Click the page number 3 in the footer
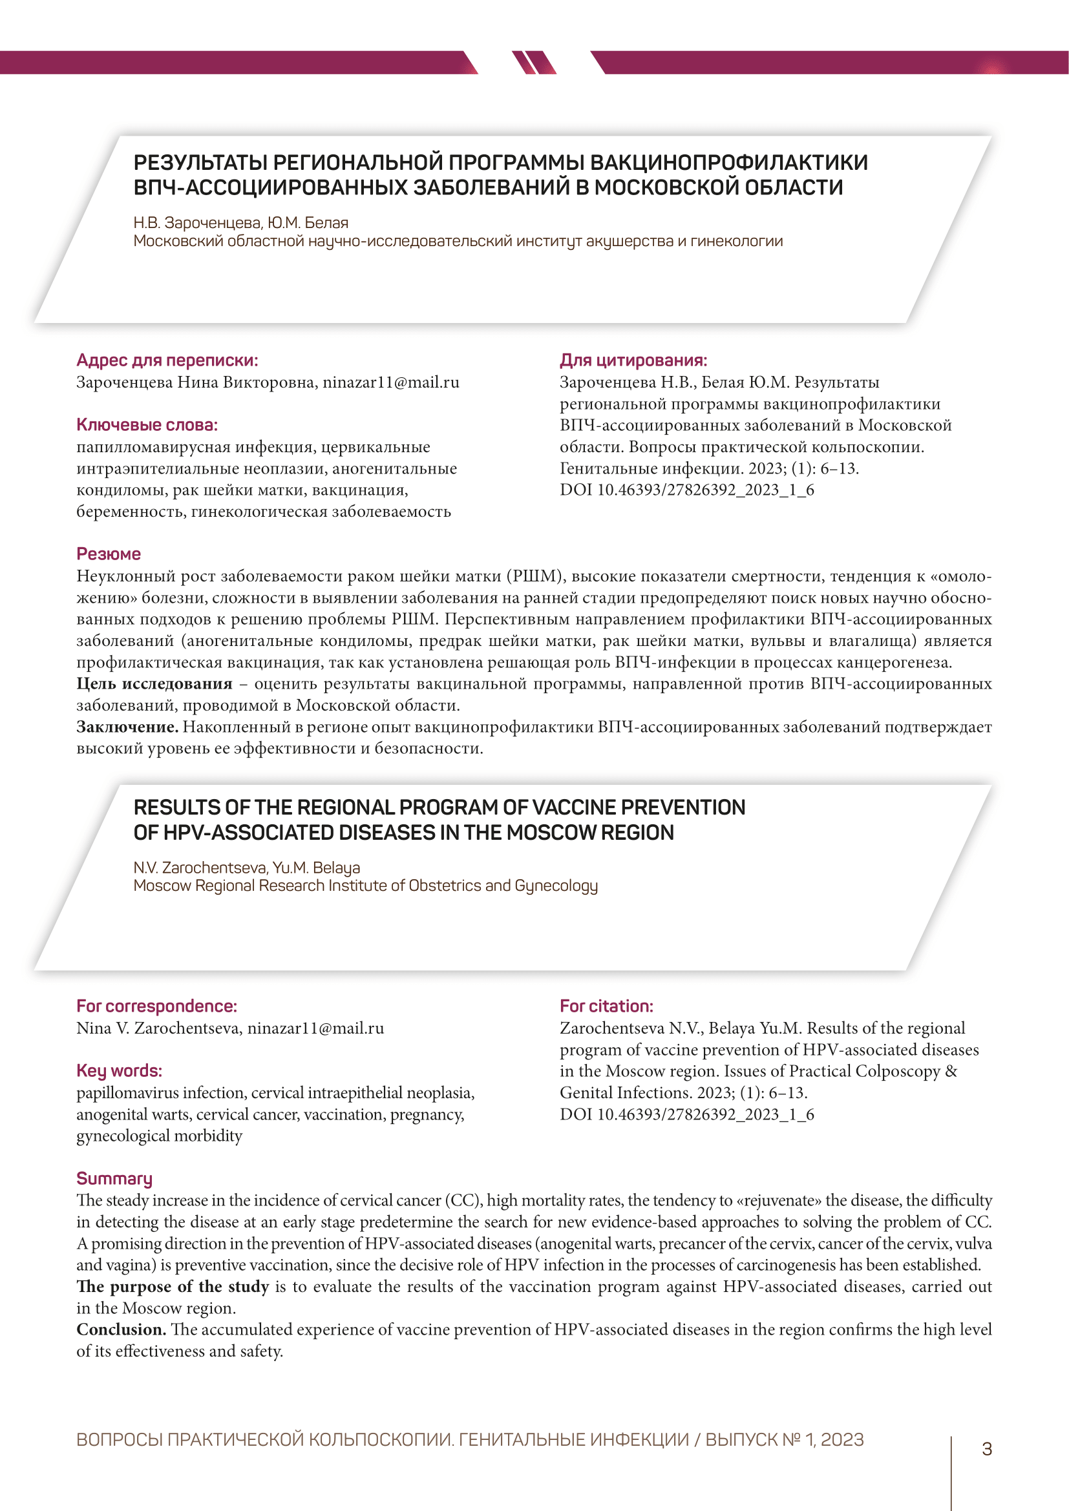click(x=987, y=1448)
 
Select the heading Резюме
click(x=109, y=554)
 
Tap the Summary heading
click(x=114, y=1178)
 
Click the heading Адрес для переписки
click(x=167, y=360)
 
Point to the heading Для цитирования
click(x=633, y=360)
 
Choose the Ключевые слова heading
click(x=147, y=424)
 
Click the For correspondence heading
click(x=156, y=1006)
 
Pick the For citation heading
click(x=606, y=1006)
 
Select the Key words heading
click(x=119, y=1070)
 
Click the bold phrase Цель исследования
click(x=154, y=683)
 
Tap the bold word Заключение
click(x=127, y=727)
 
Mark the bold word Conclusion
click(x=121, y=1329)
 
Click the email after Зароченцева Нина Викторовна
click(x=391, y=382)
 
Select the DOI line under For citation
click(x=686, y=1114)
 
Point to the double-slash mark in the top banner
click(x=534, y=63)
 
